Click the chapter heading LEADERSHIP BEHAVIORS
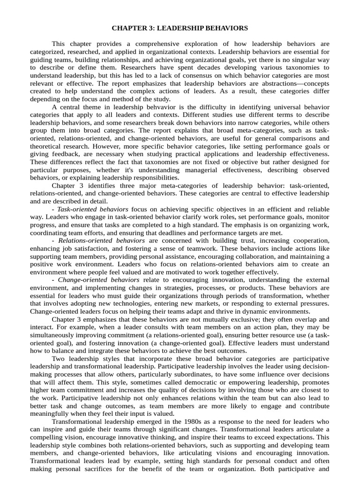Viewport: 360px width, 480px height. coord(180,29)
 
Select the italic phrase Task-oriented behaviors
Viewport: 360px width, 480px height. coord(92,209)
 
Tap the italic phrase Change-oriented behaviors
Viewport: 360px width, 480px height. coord(99,280)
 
